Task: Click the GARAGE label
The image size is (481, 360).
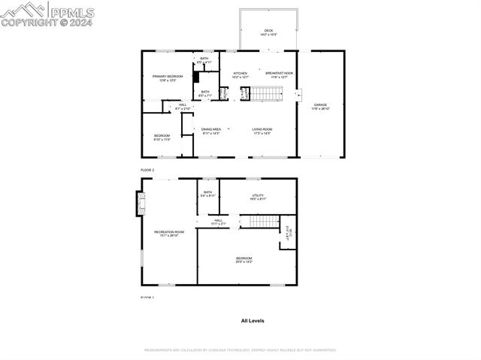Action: click(320, 106)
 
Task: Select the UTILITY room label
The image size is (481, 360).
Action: click(258, 197)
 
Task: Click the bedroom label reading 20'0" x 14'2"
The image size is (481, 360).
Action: click(244, 259)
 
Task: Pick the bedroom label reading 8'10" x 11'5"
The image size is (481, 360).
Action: click(162, 137)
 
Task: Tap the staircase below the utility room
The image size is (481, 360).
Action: click(264, 220)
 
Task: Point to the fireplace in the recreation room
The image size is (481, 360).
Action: click(138, 202)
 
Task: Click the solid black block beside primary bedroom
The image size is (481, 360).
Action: click(196, 77)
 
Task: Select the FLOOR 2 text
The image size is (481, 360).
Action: click(147, 171)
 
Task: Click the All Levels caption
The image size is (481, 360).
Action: click(253, 320)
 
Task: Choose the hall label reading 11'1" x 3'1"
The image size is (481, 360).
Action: click(218, 222)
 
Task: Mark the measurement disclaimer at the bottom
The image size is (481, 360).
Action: click(240, 349)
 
